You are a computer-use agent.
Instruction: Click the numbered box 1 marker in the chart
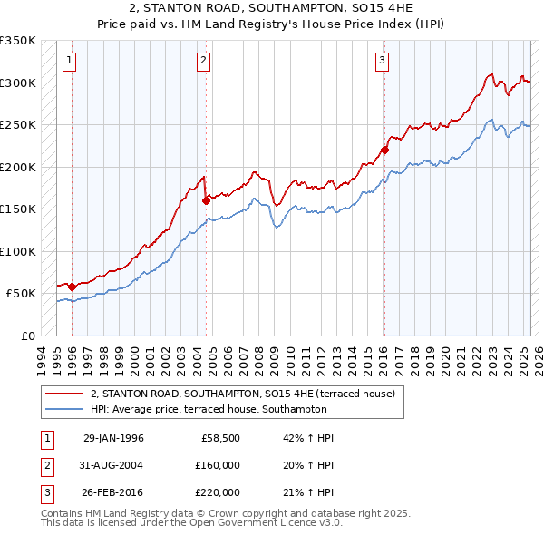tap(69, 61)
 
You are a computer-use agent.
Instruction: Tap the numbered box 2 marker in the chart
tap(203, 61)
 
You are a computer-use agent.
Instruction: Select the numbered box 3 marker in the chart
tap(382, 61)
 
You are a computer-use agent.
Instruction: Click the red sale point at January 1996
tap(73, 287)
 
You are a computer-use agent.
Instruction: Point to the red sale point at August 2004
tap(206, 200)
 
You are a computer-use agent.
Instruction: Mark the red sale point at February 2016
tap(384, 150)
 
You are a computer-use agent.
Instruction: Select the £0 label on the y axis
tap(27, 336)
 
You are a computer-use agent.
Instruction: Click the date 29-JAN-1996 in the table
tap(113, 438)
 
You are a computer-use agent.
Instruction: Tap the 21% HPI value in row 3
tap(308, 492)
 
